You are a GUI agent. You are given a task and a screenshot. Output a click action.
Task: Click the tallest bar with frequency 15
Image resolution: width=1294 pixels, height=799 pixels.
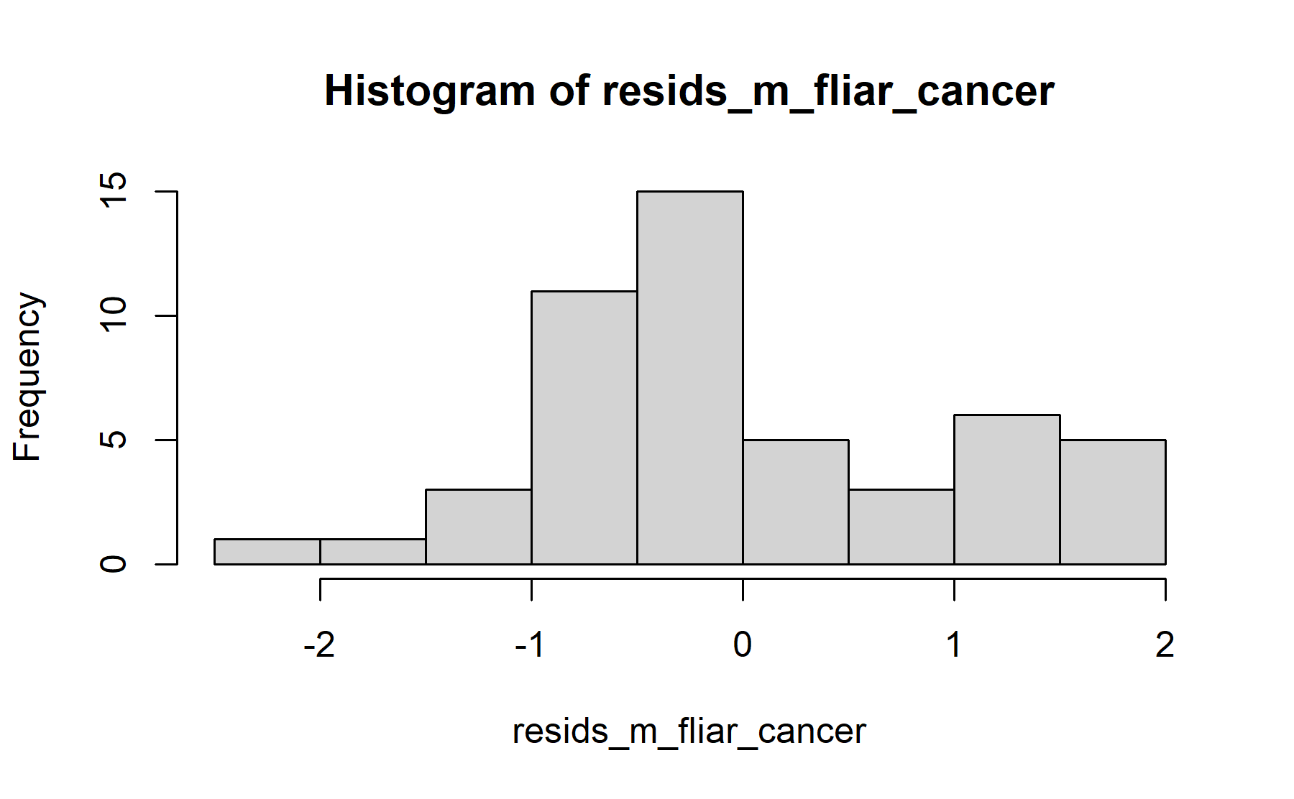point(690,378)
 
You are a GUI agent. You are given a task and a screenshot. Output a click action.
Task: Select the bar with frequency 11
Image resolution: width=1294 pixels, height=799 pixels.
point(584,428)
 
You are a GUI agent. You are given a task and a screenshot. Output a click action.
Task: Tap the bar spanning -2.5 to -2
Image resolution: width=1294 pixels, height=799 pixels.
point(267,552)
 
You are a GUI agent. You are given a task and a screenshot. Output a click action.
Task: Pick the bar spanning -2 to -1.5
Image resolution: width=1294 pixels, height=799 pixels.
point(373,552)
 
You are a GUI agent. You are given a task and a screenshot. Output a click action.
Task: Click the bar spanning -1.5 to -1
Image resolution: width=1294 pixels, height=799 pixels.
point(479,527)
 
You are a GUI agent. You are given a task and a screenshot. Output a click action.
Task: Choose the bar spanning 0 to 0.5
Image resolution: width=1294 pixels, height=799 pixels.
point(796,502)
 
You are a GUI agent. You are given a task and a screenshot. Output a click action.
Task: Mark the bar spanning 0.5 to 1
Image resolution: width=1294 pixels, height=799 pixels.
point(901,527)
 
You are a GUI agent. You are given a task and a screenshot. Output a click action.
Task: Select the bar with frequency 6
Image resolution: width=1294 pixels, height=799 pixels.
point(1007,489)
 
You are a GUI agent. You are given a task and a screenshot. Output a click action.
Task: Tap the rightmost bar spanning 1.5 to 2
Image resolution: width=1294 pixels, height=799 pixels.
point(1113,502)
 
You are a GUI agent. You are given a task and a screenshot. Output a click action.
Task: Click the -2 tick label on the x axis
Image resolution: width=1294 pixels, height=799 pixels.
point(319,645)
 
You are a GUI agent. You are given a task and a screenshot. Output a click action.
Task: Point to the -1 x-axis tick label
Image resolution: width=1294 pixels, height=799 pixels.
point(531,645)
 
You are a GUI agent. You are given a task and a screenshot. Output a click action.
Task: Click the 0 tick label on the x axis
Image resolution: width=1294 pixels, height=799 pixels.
point(743,645)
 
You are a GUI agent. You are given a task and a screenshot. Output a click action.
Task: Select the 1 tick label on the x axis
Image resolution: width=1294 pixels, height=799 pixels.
point(954,645)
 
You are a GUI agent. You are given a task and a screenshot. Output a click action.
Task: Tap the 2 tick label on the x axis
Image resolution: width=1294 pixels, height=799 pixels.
point(1165,645)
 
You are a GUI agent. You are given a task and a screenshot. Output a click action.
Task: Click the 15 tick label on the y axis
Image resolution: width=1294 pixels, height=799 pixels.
point(114,191)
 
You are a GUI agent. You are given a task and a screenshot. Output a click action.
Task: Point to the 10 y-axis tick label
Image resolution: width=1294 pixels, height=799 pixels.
point(114,315)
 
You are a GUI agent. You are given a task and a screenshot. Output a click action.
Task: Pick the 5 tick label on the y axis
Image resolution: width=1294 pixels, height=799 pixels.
point(114,440)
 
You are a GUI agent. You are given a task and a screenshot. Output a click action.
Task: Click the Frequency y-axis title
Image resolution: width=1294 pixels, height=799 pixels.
point(29,377)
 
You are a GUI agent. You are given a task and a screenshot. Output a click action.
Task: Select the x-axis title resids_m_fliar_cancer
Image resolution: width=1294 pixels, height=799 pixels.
point(689,732)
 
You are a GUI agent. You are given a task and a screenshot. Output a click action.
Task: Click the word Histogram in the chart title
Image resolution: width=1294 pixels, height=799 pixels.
point(430,91)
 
